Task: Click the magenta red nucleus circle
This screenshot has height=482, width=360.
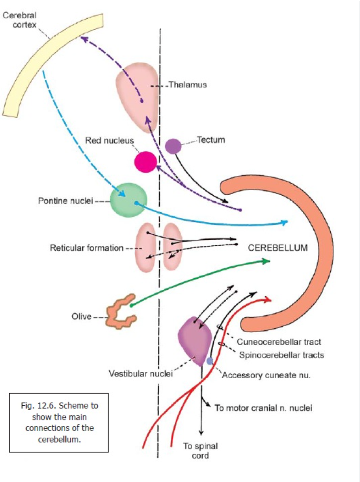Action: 145,162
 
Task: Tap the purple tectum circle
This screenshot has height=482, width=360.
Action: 173,146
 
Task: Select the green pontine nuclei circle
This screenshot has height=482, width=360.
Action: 128,200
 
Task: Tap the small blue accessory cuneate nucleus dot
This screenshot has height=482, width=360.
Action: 210,361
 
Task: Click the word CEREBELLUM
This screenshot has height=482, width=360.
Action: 278,248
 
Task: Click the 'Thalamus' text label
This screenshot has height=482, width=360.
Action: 187,85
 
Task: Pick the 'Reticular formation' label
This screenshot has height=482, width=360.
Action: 87,248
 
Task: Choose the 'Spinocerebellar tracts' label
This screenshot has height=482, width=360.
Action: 282,355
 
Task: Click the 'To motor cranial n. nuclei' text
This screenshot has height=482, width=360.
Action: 263,408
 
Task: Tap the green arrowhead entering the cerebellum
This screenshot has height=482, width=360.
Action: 266,261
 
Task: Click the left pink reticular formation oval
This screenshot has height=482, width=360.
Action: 144,247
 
